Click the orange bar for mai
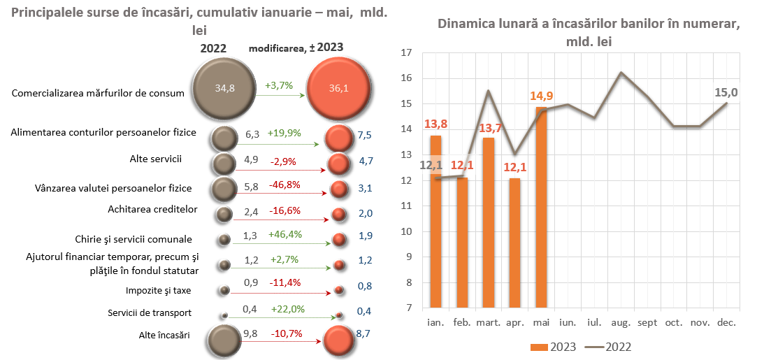tap(542, 207)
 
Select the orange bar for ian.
tap(435, 221)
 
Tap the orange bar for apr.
tap(515, 243)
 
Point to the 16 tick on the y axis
tap(407, 78)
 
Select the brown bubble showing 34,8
tap(224, 87)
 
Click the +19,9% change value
tap(283, 133)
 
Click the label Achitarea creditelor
tap(153, 209)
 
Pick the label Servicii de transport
tap(150, 312)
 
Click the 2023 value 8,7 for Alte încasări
tap(363, 334)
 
